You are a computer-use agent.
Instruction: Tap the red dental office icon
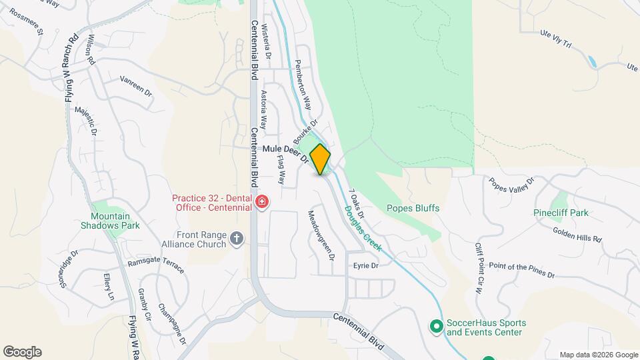click(x=261, y=202)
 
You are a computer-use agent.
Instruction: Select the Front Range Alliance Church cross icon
click(x=237, y=239)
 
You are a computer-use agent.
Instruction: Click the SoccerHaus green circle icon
click(x=436, y=326)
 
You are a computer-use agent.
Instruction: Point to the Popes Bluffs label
click(x=413, y=208)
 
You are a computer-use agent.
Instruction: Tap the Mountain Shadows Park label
click(x=115, y=221)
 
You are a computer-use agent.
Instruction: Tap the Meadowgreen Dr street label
click(x=319, y=235)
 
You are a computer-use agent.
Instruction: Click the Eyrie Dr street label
click(x=365, y=265)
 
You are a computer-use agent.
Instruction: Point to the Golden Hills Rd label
click(x=577, y=234)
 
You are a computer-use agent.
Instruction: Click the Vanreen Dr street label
click(x=136, y=86)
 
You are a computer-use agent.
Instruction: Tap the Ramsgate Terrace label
click(x=156, y=265)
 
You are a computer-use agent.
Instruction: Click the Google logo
click(x=22, y=352)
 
